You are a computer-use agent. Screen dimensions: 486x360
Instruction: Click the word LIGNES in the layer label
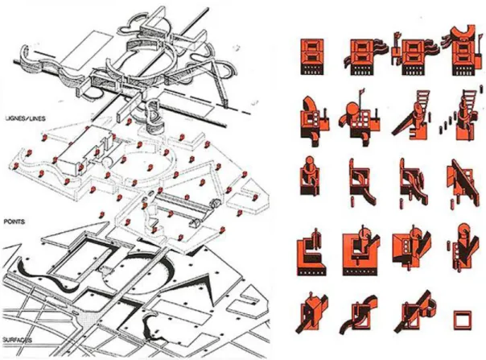(x=14, y=118)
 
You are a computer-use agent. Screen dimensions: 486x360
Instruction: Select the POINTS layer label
(x=14, y=222)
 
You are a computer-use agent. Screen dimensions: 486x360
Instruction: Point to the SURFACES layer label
(x=18, y=340)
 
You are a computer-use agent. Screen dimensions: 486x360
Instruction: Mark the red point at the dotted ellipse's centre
(x=150, y=168)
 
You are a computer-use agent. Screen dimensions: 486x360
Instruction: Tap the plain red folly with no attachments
(x=312, y=56)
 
